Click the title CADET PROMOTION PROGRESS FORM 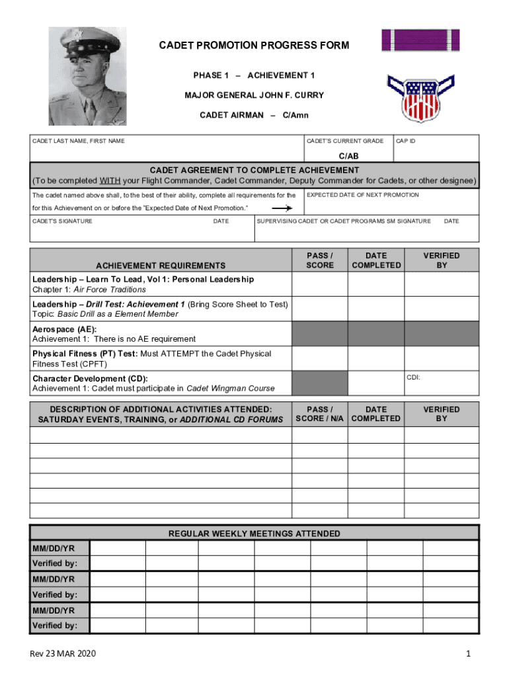click(x=254, y=46)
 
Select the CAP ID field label click(x=405, y=141)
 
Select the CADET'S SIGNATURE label click(x=63, y=221)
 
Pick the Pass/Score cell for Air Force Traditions click(x=320, y=284)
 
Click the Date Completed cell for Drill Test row click(x=376, y=309)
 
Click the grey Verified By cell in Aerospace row click(x=442, y=333)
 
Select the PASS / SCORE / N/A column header click(x=320, y=414)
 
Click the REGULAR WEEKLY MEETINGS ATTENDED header click(x=255, y=533)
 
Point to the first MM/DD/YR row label click(x=54, y=548)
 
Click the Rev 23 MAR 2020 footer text click(x=63, y=654)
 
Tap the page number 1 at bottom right click(x=467, y=654)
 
